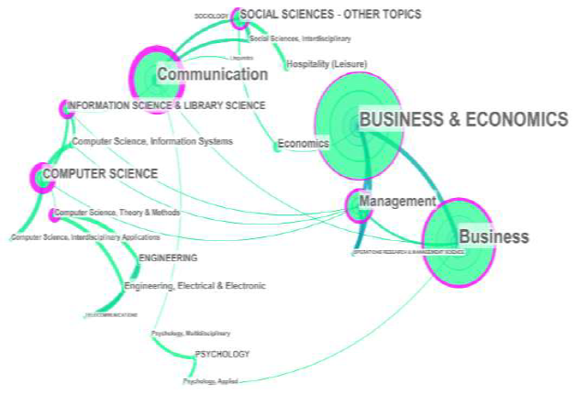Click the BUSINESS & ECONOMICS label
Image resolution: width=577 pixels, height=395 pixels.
tap(463, 119)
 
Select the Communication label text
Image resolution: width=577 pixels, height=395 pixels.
tap(212, 74)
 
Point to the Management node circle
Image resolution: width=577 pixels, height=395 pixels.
tap(357, 206)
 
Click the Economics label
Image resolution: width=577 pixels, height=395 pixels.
tap(303, 144)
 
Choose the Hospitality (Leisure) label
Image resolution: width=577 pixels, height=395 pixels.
tap(327, 64)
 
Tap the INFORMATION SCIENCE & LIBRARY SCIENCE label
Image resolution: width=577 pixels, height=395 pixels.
tap(167, 105)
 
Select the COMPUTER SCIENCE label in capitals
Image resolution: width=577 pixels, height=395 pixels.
tap(101, 172)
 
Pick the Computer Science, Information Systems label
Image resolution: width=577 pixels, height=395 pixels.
tap(152, 141)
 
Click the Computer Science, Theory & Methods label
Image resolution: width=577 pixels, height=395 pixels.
tap(117, 213)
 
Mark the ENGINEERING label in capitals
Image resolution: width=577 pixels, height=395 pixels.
tap(167, 258)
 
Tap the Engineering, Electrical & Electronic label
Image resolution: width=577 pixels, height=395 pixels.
tap(194, 286)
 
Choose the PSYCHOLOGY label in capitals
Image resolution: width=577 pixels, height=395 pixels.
tap(222, 354)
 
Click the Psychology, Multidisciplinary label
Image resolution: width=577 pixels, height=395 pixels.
tap(191, 333)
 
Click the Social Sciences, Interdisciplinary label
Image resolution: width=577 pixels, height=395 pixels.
tap(300, 38)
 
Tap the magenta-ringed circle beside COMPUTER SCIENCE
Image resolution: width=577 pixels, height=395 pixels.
tap(41, 176)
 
